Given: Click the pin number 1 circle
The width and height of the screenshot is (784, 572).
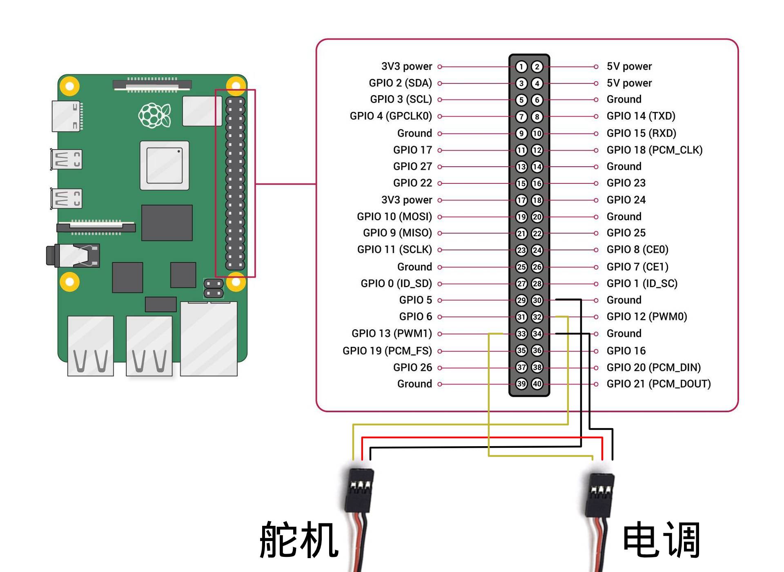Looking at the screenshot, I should coord(521,67).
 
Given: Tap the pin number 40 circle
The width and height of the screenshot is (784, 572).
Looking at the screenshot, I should coord(537,384).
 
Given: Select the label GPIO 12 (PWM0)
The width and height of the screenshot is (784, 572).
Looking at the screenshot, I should coord(647,317).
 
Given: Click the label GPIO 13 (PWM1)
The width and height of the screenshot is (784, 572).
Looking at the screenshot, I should coord(392,333).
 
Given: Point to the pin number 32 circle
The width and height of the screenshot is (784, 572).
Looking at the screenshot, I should coord(537,317).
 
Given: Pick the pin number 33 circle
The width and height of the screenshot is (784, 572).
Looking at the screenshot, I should coord(521,334).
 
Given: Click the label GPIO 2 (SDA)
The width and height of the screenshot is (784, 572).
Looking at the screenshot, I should coord(400,83).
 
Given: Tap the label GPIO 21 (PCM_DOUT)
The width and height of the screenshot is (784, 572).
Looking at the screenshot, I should coord(658,384).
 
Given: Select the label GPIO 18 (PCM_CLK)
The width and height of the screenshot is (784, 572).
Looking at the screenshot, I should coord(654,150).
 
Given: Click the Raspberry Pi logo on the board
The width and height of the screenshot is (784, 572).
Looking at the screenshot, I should coord(154,115).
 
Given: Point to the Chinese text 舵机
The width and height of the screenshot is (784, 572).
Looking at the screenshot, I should coord(299,540).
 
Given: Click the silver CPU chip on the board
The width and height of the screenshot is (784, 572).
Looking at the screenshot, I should coord(165,165).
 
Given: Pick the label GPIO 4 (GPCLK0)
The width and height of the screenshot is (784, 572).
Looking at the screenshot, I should coord(391,116).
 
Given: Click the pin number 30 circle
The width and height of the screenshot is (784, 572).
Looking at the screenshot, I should coord(537,300).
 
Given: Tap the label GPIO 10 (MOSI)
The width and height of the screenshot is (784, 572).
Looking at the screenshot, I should coord(394,217).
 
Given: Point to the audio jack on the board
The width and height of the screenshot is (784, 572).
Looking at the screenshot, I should coord(73,255).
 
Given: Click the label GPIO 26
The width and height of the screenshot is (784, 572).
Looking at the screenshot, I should coord(412,367).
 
